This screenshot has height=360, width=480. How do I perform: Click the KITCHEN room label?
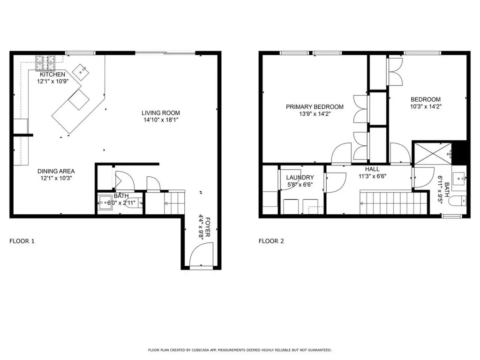click(52, 75)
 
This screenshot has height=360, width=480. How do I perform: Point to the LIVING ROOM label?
click(161, 113)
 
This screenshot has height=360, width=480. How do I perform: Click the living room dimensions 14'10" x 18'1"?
click(161, 120)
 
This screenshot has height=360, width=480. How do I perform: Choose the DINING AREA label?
click(56, 171)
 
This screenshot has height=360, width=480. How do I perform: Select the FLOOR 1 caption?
click(22, 241)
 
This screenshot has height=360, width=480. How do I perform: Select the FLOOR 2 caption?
click(271, 241)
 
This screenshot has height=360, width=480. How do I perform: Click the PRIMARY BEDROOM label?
click(315, 107)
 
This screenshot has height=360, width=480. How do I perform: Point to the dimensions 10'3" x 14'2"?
click(426, 106)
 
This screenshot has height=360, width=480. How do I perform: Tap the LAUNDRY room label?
click(300, 177)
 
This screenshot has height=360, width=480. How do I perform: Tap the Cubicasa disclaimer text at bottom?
click(240, 350)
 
